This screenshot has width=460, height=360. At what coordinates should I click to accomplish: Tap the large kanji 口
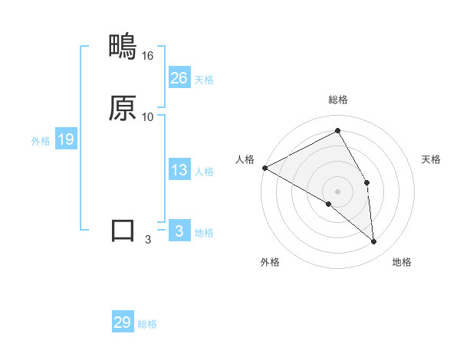pyautogui.click(x=123, y=231)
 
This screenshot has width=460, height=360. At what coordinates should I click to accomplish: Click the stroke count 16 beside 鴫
pyautogui.click(x=148, y=56)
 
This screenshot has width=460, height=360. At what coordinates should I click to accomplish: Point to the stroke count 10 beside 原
pyautogui.click(x=148, y=117)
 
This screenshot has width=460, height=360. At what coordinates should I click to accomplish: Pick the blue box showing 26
pyautogui.click(x=179, y=78)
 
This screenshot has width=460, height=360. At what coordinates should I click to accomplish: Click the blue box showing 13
pyautogui.click(x=179, y=171)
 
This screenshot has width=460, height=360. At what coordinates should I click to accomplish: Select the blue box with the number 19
pyautogui.click(x=65, y=139)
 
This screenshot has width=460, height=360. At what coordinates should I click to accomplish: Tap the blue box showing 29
pyautogui.click(x=123, y=322)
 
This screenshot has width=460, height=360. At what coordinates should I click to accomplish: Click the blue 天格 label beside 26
pyautogui.click(x=204, y=80)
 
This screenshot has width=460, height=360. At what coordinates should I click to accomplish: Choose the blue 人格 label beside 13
pyautogui.click(x=204, y=172)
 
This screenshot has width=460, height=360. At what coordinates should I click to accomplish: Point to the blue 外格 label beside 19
pyautogui.click(x=40, y=141)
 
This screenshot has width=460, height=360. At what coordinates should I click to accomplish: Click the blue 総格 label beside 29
pyautogui.click(x=147, y=324)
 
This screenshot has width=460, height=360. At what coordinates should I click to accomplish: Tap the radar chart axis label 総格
pyautogui.click(x=338, y=100)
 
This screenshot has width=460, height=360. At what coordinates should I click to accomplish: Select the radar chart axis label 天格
pyautogui.click(x=432, y=159)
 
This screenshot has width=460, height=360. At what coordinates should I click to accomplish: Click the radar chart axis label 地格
pyautogui.click(x=402, y=262)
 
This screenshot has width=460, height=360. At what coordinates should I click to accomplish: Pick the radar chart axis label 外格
pyautogui.click(x=270, y=262)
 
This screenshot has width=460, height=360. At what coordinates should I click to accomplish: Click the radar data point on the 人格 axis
pyautogui.click(x=264, y=168)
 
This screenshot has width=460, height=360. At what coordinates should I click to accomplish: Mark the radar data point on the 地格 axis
pyautogui.click(x=374, y=242)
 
